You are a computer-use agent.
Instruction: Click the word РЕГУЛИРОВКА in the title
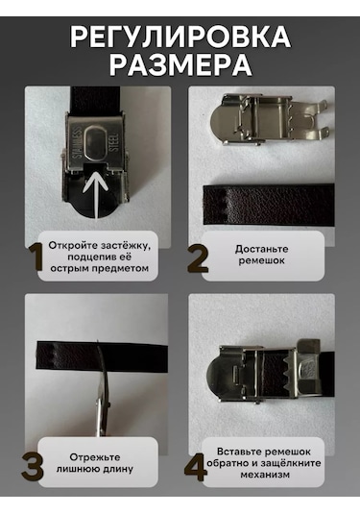[180, 37]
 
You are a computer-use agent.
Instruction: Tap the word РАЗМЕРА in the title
[180, 64]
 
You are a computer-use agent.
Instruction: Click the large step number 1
[36, 257]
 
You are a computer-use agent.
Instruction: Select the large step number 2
[198, 259]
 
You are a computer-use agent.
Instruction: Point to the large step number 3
[33, 466]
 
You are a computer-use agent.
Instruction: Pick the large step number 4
[195, 468]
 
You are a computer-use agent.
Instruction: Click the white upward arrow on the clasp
[96, 195]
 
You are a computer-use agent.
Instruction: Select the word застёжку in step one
[126, 245]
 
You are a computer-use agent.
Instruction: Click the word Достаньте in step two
[261, 249]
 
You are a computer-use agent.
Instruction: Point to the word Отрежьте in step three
[95, 457]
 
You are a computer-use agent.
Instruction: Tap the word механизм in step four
[265, 475]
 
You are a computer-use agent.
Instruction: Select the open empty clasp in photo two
[269, 119]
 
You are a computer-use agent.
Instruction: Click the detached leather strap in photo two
[269, 205]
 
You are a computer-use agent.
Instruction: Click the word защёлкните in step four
[291, 463]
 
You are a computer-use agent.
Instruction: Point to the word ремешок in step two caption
[261, 261]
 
